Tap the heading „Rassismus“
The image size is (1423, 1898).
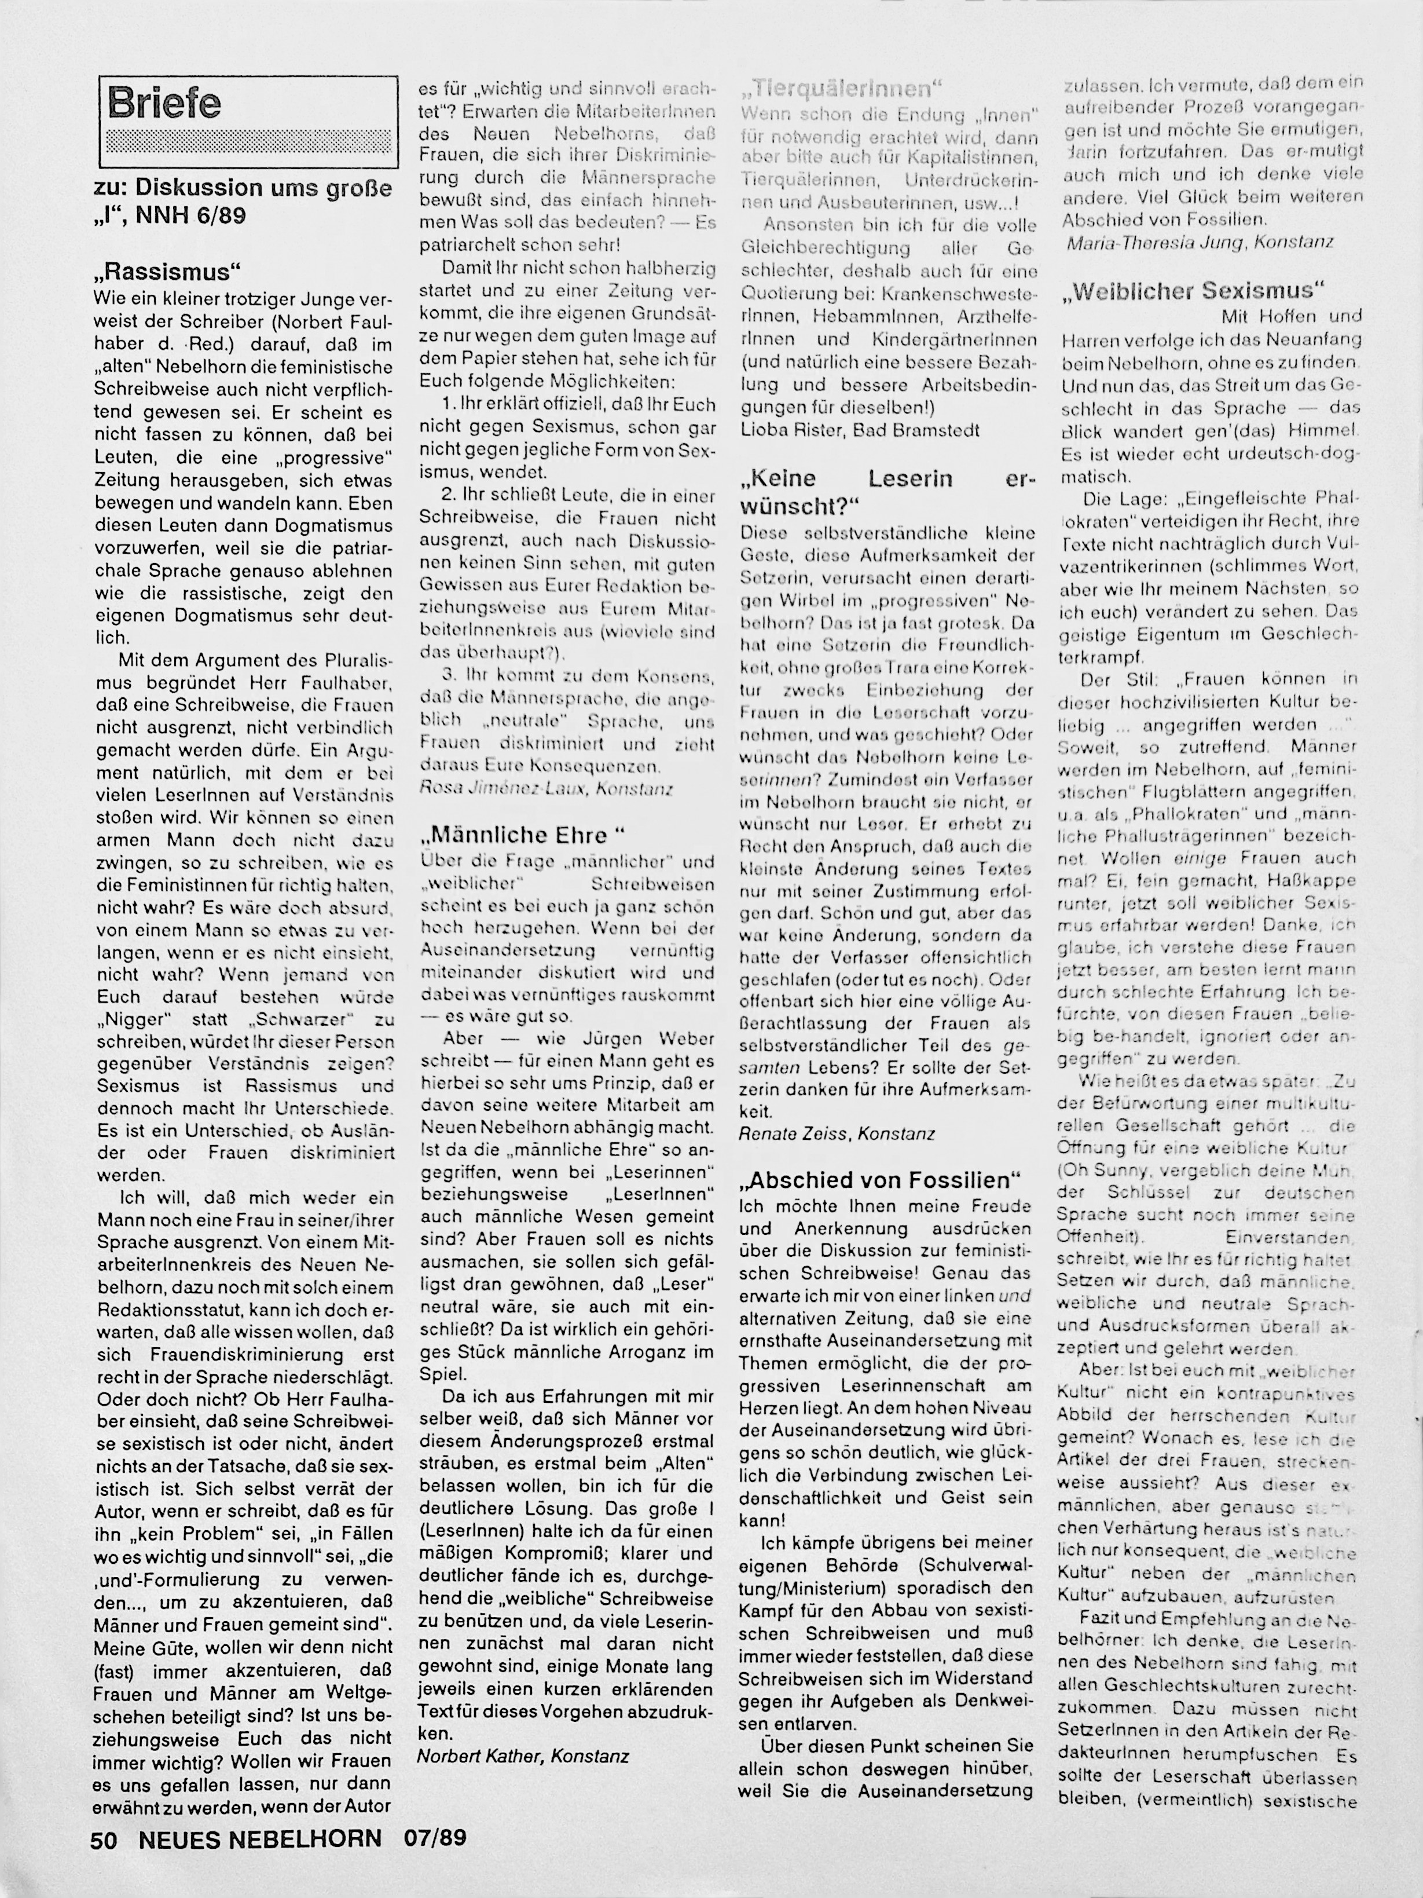(x=168, y=273)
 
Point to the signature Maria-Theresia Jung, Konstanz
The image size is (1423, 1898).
(x=1199, y=243)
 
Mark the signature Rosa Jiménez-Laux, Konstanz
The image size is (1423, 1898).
(x=545, y=788)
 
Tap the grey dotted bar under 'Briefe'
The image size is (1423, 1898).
(x=248, y=140)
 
